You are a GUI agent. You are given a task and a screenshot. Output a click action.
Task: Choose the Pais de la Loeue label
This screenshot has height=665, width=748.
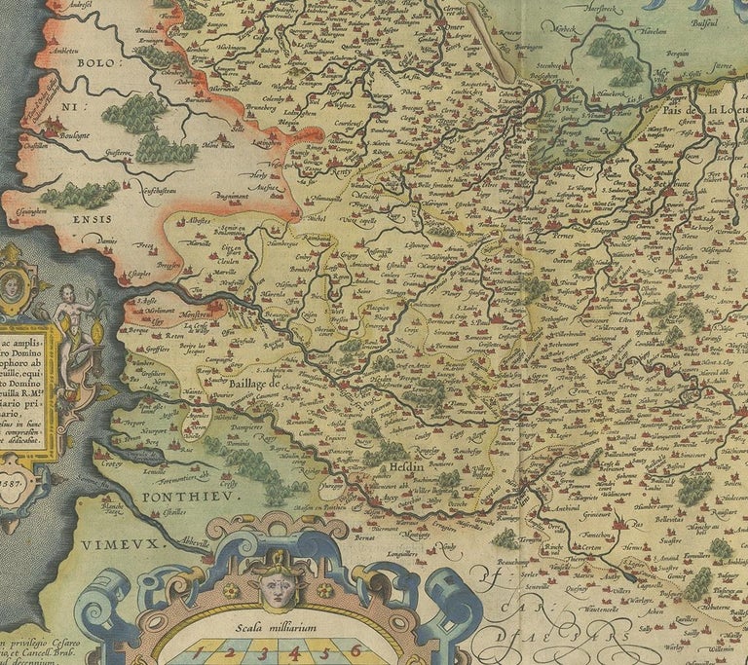point(704,110)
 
